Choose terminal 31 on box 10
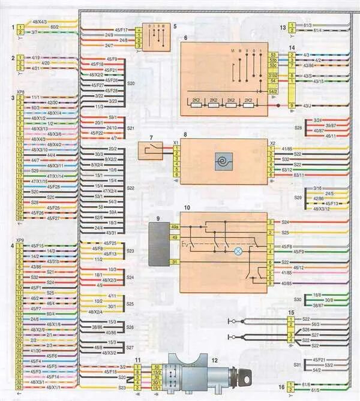coord(175,263)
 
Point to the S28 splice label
coord(298,128)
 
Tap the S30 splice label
coord(298,300)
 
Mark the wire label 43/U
coord(307,106)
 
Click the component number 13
coord(283,28)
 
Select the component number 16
coord(283,388)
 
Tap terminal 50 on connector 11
coord(157,366)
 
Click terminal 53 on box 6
coord(273,55)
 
